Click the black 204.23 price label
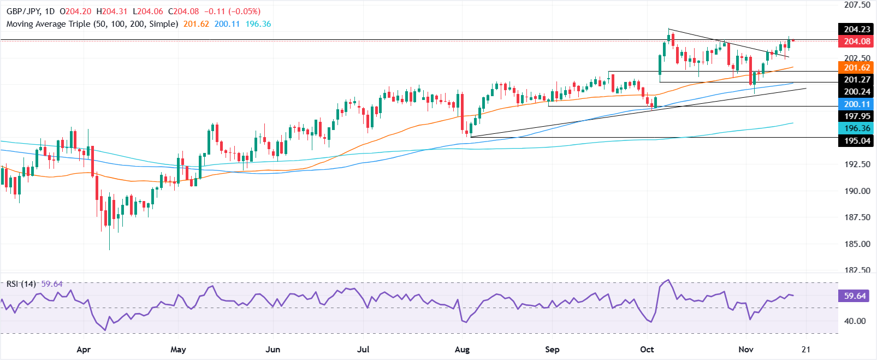pos(857,29)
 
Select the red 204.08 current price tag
pos(857,42)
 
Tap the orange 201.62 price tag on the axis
pos(857,68)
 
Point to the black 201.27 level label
pos(857,80)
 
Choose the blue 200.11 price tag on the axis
pos(857,104)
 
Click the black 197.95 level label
pos(857,116)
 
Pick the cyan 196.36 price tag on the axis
pos(857,128)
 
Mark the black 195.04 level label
pos(857,141)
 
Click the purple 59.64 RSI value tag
pos(855,296)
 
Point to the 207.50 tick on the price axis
pos(857,5)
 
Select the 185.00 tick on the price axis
pos(857,244)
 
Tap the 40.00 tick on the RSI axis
pos(855,321)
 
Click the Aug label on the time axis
pos(462,350)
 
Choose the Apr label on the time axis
pos(84,350)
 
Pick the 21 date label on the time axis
pos(807,350)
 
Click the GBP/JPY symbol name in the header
pos(23,11)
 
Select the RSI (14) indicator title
pos(21,284)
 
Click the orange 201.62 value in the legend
pos(196,24)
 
